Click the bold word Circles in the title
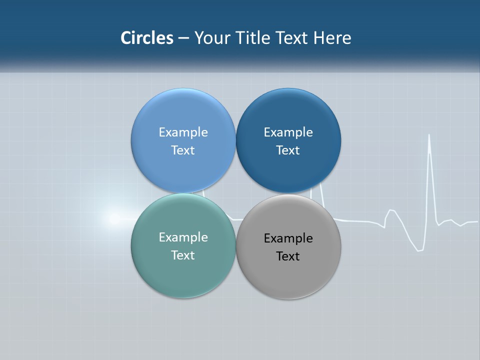click(146, 38)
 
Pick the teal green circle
click(183, 272)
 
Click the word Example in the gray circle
click(288, 238)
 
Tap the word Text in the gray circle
click(288, 256)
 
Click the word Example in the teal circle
click(183, 237)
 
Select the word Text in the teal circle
click(183, 255)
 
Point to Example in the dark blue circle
click(288, 132)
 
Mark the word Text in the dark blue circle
click(288, 150)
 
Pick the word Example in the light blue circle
click(183, 132)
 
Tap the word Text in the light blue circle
click(183, 150)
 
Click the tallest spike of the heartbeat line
click(429, 136)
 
